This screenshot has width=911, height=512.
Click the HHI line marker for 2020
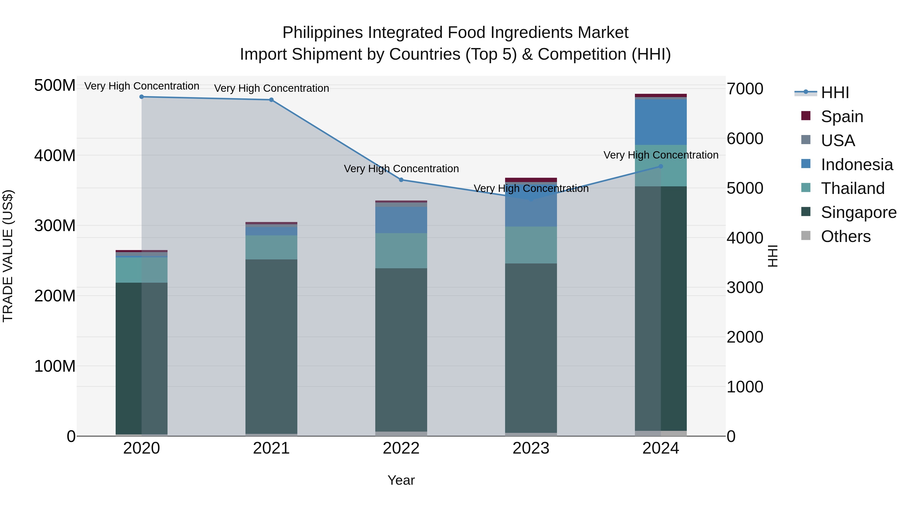click(x=141, y=97)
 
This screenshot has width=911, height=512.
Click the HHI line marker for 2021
click(x=271, y=100)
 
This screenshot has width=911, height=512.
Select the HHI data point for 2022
click(x=401, y=180)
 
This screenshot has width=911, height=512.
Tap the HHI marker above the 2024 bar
click(x=661, y=166)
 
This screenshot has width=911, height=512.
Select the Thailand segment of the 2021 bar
click(x=271, y=247)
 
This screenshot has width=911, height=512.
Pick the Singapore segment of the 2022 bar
click(x=401, y=350)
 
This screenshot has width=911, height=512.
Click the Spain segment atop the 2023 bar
click(x=531, y=180)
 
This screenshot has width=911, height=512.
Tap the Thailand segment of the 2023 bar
click(x=531, y=245)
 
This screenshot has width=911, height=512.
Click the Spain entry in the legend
click(x=842, y=117)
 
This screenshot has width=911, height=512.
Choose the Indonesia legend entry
click(x=857, y=165)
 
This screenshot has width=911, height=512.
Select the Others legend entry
click(x=845, y=236)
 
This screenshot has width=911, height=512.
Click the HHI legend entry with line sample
click(x=835, y=93)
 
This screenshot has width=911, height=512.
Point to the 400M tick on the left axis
click(x=55, y=155)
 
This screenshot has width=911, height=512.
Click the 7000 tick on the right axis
click(x=745, y=89)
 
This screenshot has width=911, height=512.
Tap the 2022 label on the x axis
click(x=401, y=448)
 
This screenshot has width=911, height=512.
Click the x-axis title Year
click(x=401, y=480)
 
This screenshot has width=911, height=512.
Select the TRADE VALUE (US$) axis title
click(x=8, y=256)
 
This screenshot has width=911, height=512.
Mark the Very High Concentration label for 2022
click(x=401, y=169)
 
